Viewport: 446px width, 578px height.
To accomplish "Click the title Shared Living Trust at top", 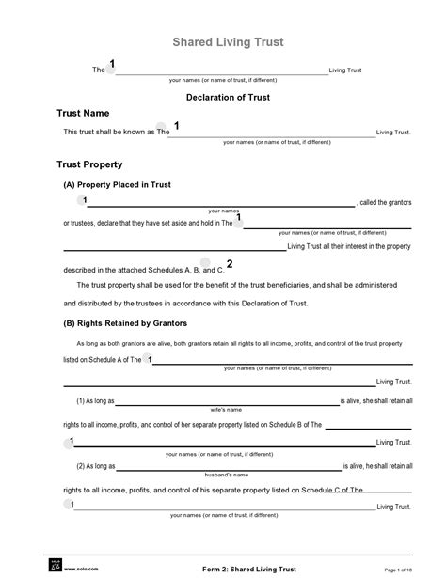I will coord(228,42).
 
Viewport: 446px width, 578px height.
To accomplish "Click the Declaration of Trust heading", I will coord(228,96).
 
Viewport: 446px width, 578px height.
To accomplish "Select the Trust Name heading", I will coord(84,113).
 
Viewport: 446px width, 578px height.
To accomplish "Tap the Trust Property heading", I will coord(90,164).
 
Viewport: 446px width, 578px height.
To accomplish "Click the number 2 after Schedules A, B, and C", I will coord(256,264).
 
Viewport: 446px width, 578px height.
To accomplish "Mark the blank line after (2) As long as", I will coord(228,467).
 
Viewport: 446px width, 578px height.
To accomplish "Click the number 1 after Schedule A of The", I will coord(151,360).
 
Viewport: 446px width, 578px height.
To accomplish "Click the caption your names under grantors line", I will coord(224,211).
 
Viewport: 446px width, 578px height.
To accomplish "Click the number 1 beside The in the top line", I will coord(112,64).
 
